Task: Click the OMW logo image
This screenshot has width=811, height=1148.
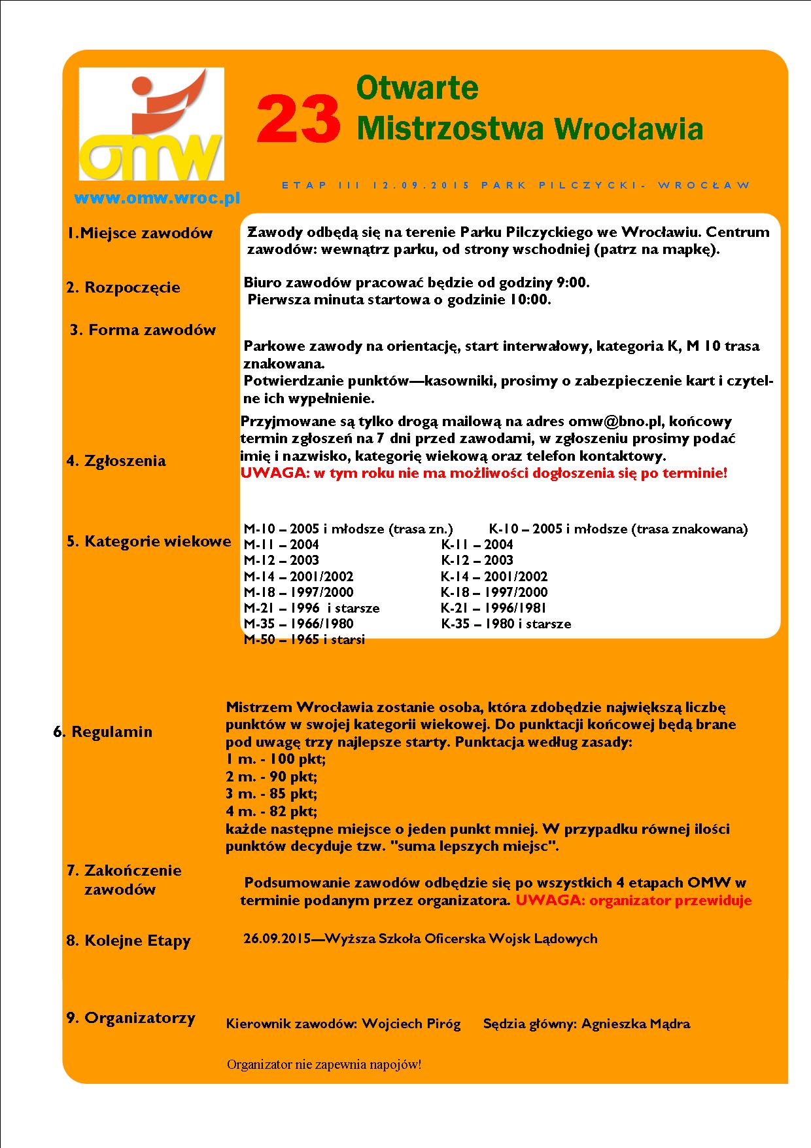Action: click(x=151, y=124)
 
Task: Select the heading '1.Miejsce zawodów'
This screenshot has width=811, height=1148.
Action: click(x=141, y=233)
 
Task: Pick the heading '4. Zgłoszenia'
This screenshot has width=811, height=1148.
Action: click(x=116, y=461)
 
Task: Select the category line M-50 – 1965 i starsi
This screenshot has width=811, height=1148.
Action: click(x=304, y=639)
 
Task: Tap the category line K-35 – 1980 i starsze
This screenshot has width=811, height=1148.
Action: click(x=506, y=624)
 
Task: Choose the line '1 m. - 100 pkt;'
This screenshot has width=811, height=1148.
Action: click(x=275, y=759)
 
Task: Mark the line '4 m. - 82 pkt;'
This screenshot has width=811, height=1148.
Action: click(x=271, y=812)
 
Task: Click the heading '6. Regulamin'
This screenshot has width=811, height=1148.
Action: click(x=103, y=732)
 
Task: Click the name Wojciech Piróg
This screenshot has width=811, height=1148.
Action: click(x=411, y=1024)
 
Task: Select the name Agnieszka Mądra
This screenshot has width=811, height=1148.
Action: click(x=635, y=1024)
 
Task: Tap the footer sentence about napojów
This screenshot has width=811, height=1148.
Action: click(x=324, y=1064)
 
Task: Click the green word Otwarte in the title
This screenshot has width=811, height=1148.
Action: click(x=417, y=88)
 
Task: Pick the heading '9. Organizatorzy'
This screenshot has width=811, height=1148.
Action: click(x=131, y=1018)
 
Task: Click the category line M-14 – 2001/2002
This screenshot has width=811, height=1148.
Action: click(x=298, y=577)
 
